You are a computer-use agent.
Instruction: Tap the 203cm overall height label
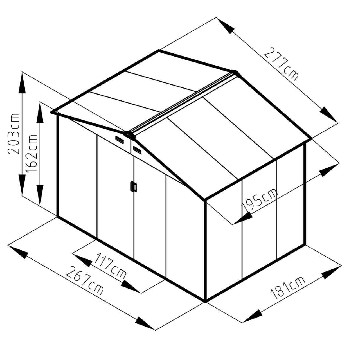coord(13,133)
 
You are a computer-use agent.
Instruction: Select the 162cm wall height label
coord(31,153)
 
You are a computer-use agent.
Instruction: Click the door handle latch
coord(134,186)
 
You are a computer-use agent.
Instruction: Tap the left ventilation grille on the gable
coord(120,140)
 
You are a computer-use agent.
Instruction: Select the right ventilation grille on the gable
coord(137,150)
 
